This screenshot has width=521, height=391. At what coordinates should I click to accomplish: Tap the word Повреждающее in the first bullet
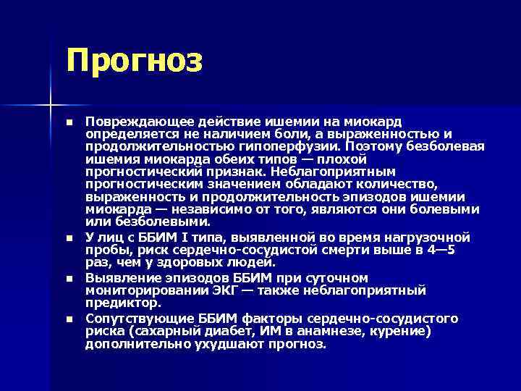click(130, 122)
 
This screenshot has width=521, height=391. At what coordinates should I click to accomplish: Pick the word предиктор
click(122, 303)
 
